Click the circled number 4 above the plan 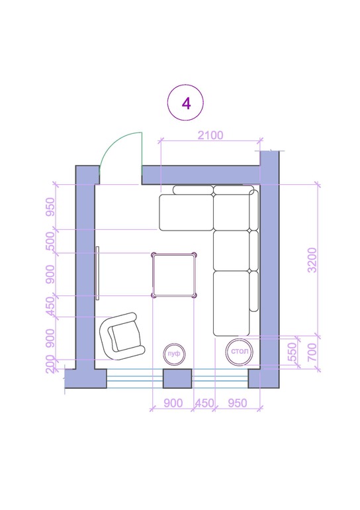(185, 103)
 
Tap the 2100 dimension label (210, 135)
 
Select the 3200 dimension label (312, 260)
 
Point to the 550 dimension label (292, 351)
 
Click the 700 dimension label (312, 352)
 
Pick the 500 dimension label (50, 241)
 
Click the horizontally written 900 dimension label (173, 403)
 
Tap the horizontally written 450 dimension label (204, 403)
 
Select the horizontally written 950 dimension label (238, 403)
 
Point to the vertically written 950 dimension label (50, 207)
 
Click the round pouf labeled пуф (174, 354)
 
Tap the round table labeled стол (240, 352)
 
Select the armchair (122, 336)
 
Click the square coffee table (174, 275)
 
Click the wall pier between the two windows (177, 379)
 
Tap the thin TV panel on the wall (97, 273)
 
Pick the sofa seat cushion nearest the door (186, 213)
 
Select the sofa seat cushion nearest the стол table (232, 303)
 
